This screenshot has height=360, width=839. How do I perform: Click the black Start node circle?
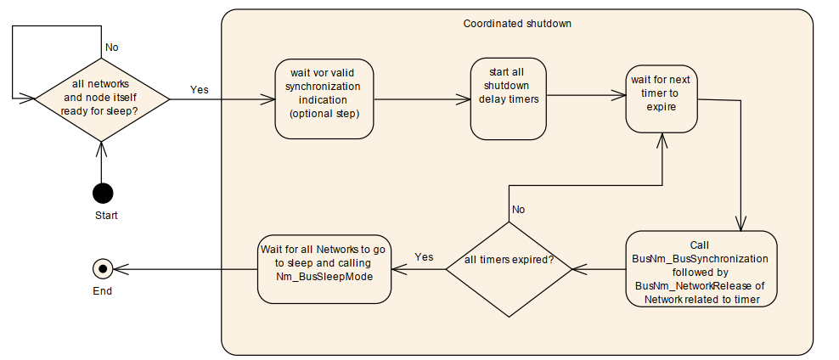pos(103,193)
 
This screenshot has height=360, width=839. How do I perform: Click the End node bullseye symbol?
pos(103,269)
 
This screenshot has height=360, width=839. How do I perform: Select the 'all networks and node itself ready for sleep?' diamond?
pos(101,99)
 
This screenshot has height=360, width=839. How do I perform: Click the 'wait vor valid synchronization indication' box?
pos(324,99)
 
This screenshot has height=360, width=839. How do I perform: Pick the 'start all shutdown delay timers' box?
pos(506,98)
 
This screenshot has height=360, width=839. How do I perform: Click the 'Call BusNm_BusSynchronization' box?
pos(701,269)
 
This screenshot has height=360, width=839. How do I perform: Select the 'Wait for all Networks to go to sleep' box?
pos(324,269)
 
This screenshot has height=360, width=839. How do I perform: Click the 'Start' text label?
pos(106,216)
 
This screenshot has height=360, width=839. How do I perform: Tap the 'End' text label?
pos(103,291)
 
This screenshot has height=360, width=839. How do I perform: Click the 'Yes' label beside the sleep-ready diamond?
pos(199,89)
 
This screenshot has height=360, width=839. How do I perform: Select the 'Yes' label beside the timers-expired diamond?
pos(425,256)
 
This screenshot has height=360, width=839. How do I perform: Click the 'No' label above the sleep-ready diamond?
pos(110,48)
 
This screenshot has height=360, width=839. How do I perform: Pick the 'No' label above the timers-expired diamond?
pos(519,209)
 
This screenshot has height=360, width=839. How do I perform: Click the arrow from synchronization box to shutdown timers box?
pos(422,99)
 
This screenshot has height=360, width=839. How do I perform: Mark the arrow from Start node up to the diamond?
pos(102,161)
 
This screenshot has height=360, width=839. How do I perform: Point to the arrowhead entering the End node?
pos(119,269)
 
